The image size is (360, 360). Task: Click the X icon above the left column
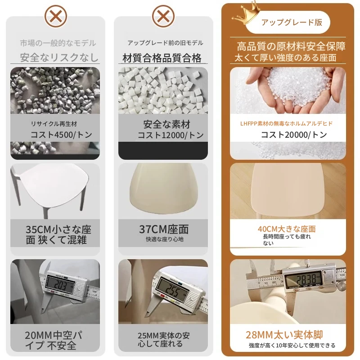(56, 17)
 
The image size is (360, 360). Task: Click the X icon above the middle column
(163, 17)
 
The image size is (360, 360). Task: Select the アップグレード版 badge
(288, 22)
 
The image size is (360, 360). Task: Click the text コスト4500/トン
(61, 135)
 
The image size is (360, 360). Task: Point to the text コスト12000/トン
(171, 135)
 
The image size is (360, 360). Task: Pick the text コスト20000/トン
(294, 135)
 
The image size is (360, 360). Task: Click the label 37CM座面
(164, 229)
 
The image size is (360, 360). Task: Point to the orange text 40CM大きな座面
(287, 229)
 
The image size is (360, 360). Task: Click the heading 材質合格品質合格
(162, 58)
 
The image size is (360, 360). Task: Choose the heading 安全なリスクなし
(59, 58)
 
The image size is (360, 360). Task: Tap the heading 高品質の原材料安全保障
(291, 46)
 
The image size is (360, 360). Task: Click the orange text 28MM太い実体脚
(284, 335)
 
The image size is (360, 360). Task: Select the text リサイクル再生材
(54, 124)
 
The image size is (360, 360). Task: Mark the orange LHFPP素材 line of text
(286, 124)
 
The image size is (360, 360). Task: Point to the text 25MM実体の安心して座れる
(164, 340)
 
